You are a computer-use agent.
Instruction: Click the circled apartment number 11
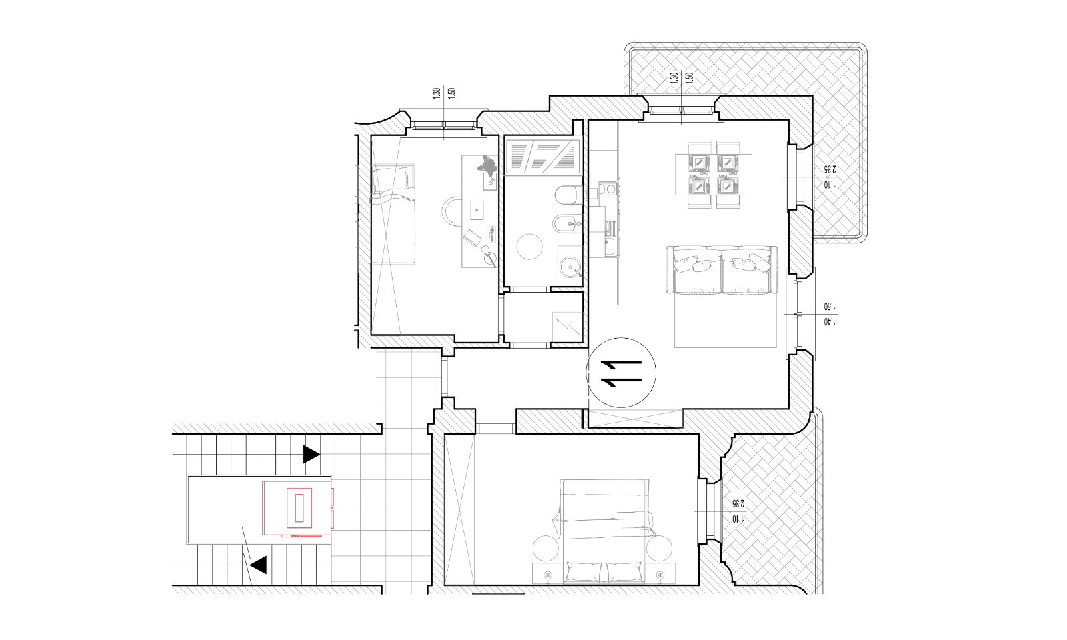coord(621,373)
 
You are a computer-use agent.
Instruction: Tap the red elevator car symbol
coord(297,508)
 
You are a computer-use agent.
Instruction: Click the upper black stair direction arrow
coord(311,454)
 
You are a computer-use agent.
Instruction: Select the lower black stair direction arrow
coord(259,565)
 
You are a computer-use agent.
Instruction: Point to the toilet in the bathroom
coord(568,195)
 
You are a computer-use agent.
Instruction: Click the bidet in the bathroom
coord(568,223)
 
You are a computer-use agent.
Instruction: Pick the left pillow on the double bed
coord(583,571)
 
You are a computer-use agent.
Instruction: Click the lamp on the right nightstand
coord(660,575)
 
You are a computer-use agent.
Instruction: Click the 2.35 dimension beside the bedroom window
coord(738,503)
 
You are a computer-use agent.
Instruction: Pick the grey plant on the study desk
coord(487,164)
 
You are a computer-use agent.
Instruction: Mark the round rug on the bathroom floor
coord(529,247)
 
